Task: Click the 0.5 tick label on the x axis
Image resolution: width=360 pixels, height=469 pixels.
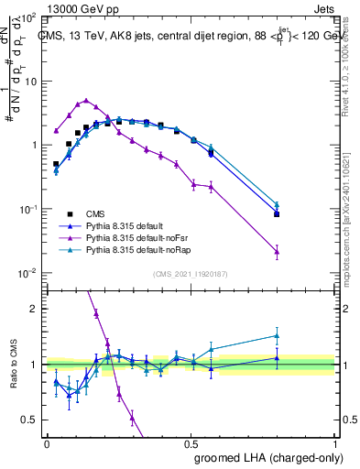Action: pos(191,442)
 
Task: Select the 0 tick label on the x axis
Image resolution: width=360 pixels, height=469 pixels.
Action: pos(47,442)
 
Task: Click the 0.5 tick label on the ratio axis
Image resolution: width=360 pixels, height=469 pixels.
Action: pos(29,420)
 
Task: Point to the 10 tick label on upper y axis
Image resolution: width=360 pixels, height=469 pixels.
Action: pos(28,81)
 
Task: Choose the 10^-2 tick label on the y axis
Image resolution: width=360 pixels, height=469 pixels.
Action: pos(27,273)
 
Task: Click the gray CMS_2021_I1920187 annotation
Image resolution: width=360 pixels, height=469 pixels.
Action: pos(191,274)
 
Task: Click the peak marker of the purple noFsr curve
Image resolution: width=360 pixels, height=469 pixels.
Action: pos(86,101)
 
